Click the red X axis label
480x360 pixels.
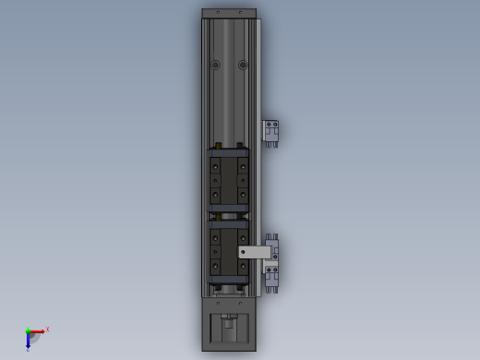(x=47, y=329)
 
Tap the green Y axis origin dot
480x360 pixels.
(x=28, y=331)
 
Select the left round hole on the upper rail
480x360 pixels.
(x=215, y=65)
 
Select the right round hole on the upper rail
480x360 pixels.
(x=243, y=65)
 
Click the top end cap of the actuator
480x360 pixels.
(x=229, y=14)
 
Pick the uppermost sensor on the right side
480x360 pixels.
(x=271, y=132)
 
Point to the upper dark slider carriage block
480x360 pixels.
(x=229, y=179)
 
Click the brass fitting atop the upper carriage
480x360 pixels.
(x=218, y=146)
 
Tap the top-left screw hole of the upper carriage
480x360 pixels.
(x=216, y=167)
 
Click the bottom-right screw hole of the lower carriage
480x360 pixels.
(x=243, y=267)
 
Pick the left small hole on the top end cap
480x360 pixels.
(x=218, y=13)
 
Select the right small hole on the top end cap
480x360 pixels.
(x=240, y=13)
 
